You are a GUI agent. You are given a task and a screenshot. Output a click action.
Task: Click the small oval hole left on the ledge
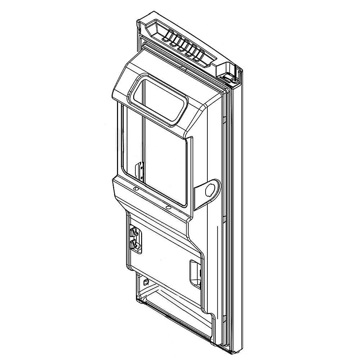tap(135, 188)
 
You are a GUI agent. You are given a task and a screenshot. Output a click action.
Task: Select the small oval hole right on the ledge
tap(168, 207)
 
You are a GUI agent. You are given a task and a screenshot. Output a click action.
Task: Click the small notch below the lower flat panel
tap(145, 280)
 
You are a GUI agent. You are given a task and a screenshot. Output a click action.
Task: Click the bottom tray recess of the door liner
tap(173, 306)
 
